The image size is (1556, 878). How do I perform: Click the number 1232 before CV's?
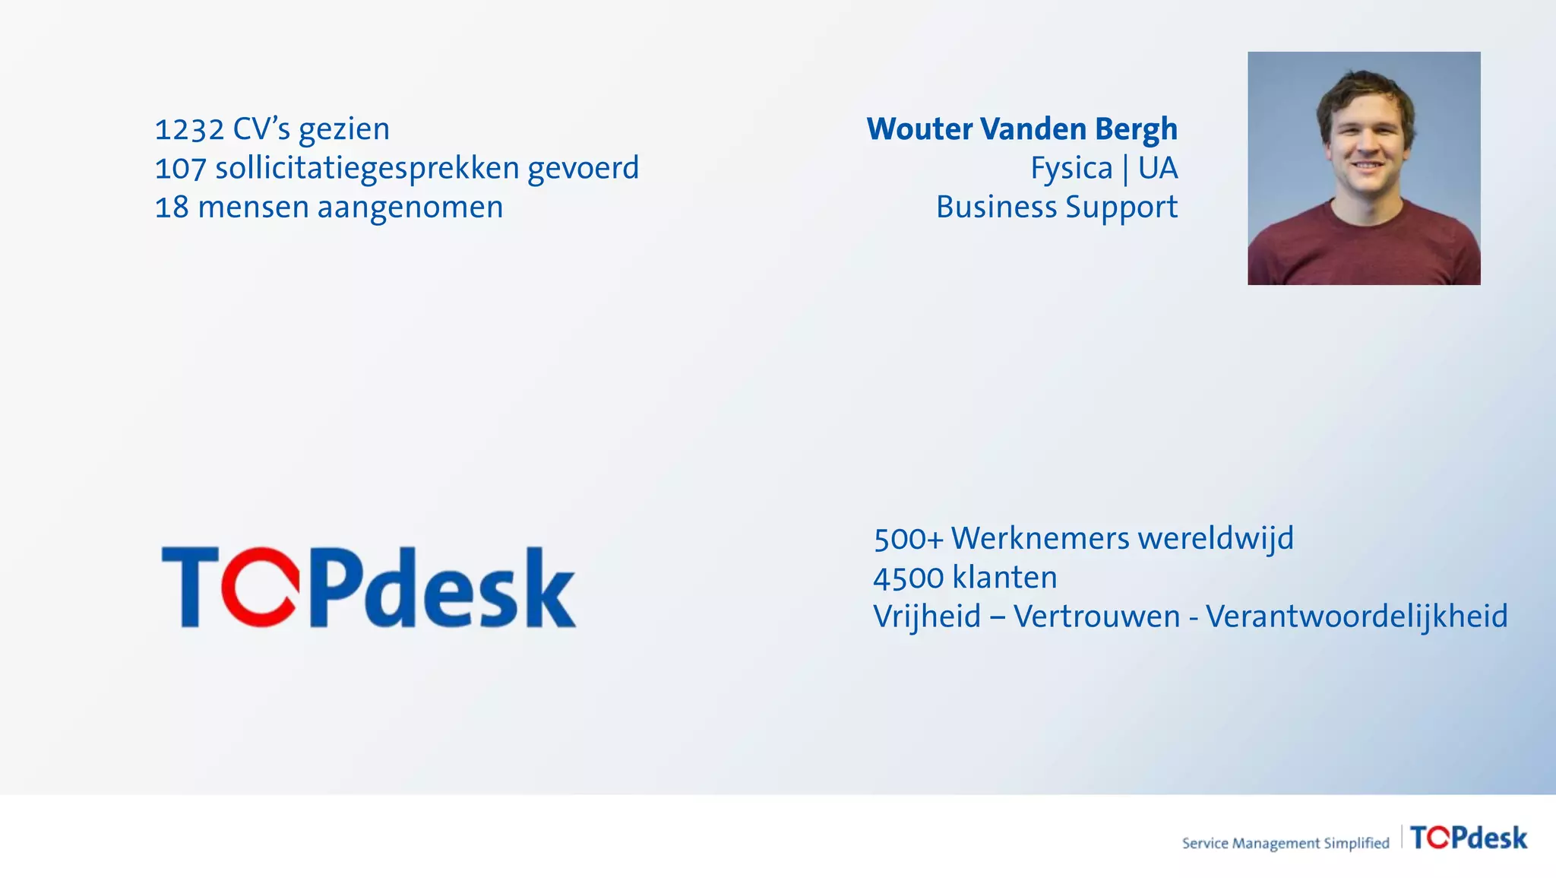click(x=189, y=130)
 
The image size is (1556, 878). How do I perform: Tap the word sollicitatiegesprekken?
click(x=367, y=169)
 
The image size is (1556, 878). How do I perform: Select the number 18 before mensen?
click(x=172, y=208)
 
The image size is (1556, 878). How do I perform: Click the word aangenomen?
click(x=410, y=208)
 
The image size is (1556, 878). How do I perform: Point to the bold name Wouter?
click(x=919, y=129)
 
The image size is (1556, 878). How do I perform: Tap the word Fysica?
click(x=1071, y=169)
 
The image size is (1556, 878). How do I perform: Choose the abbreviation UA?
click(x=1158, y=168)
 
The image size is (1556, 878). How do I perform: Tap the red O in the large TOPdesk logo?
click(x=260, y=586)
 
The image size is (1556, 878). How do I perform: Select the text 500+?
click(x=908, y=539)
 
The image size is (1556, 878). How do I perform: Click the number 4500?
click(x=908, y=578)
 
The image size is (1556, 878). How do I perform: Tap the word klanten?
click(x=1004, y=578)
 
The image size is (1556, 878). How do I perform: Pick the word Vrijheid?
click(x=927, y=617)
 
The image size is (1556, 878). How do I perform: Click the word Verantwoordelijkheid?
click(x=1356, y=617)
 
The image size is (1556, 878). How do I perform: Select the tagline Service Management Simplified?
click(x=1285, y=843)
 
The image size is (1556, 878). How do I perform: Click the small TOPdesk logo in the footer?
click(x=1468, y=838)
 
